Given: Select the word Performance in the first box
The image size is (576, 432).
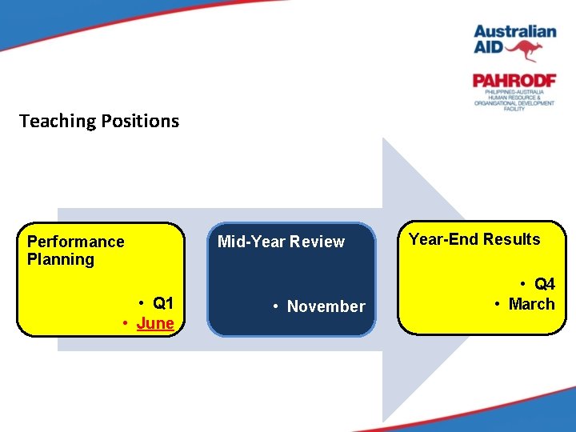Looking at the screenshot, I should [x=76, y=242].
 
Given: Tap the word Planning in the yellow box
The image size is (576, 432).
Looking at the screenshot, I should [x=61, y=259].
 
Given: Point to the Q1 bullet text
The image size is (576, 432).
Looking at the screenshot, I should [x=163, y=303].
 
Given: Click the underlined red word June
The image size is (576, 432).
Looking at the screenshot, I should [x=155, y=323].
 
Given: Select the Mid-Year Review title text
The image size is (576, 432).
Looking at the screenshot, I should [x=281, y=242].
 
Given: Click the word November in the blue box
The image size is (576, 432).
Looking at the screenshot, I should [x=326, y=306].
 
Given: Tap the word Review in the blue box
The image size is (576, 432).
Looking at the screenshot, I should [x=317, y=242].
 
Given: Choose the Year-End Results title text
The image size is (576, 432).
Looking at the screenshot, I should [x=474, y=239].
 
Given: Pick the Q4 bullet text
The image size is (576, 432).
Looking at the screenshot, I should [x=544, y=284].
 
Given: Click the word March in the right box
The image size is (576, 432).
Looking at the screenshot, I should [x=531, y=304].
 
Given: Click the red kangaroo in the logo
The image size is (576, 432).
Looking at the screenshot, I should [x=525, y=50].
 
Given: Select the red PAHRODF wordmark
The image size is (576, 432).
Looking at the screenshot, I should [x=514, y=81].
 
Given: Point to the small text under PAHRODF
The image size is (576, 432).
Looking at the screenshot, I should [x=514, y=99].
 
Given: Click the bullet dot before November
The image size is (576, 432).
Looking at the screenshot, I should [x=274, y=306].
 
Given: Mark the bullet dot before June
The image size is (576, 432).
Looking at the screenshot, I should [x=126, y=323].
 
